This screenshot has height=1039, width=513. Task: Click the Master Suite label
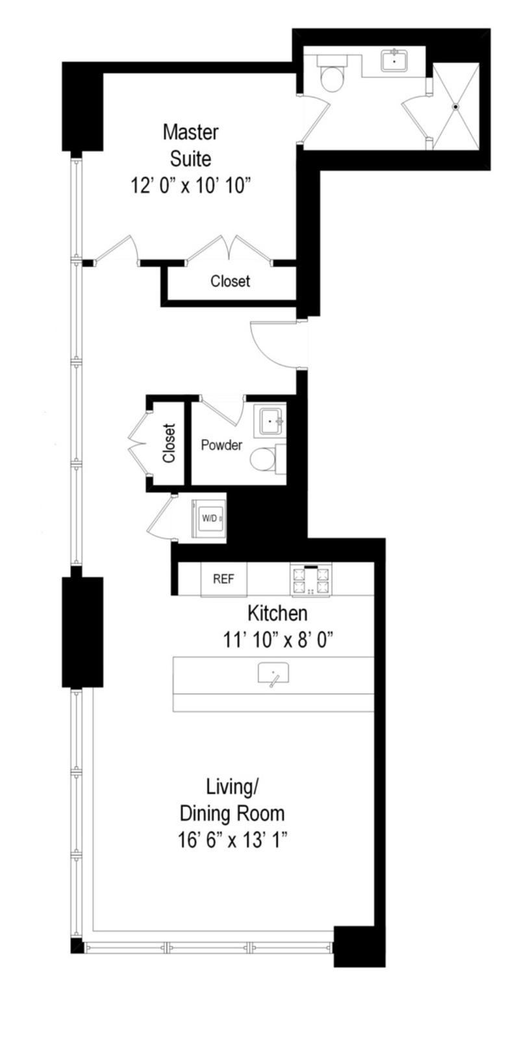pos(190,145)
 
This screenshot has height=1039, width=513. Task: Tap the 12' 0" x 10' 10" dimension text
pos(190,186)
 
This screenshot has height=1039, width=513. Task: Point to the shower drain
pos(456,106)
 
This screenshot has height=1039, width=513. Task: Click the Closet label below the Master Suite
pos(230,281)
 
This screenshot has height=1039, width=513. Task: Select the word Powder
pos(221,445)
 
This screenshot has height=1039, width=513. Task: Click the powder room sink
pos(269,421)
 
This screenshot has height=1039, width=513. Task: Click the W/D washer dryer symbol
pos(208,518)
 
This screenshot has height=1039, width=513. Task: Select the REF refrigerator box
pos(223,579)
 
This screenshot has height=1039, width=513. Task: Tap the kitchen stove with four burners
pos(311,580)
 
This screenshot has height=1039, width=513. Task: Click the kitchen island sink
pos(273,673)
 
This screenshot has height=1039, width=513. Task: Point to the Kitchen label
pos(277,613)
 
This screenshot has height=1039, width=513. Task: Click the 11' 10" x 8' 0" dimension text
pos(278,641)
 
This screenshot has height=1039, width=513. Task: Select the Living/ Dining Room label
pos(232,800)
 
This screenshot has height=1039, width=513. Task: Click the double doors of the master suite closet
pos(229,251)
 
